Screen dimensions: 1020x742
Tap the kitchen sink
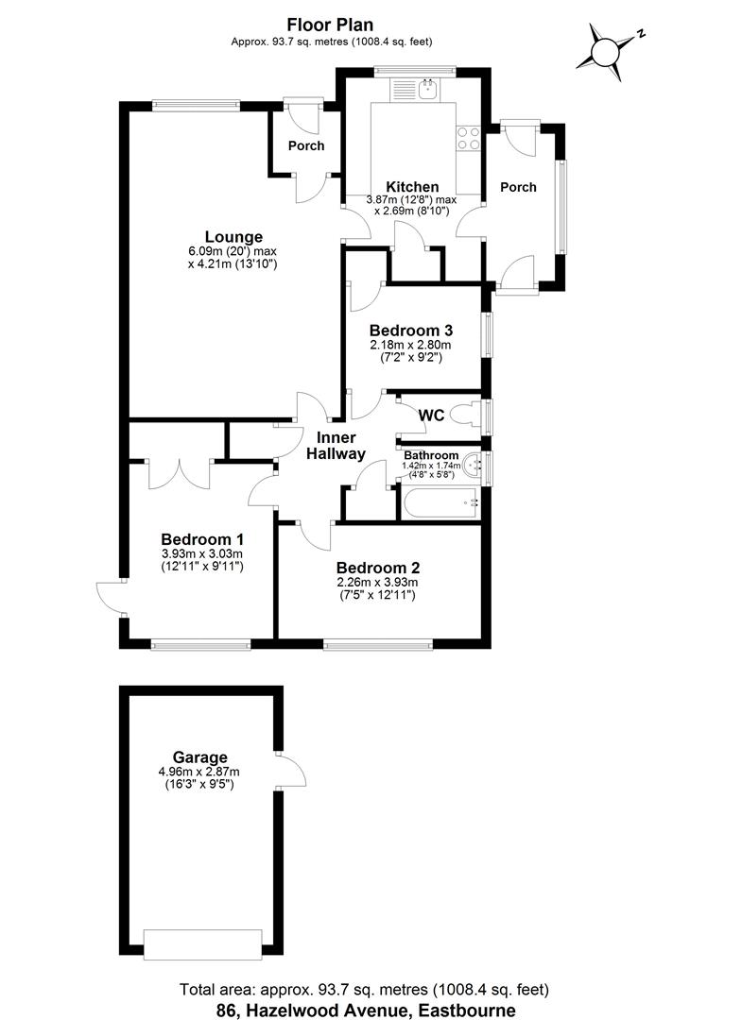(427, 90)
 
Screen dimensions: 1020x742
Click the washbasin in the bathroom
(475, 464)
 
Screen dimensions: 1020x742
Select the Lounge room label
(233, 237)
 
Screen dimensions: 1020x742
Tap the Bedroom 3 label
(411, 331)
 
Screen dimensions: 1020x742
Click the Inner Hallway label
(336, 446)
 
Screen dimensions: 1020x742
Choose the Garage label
(199, 757)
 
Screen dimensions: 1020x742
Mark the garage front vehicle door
(201, 943)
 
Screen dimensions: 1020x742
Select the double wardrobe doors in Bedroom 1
(180, 472)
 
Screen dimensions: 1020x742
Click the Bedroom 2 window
(378, 645)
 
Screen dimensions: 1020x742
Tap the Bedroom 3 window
(488, 335)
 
